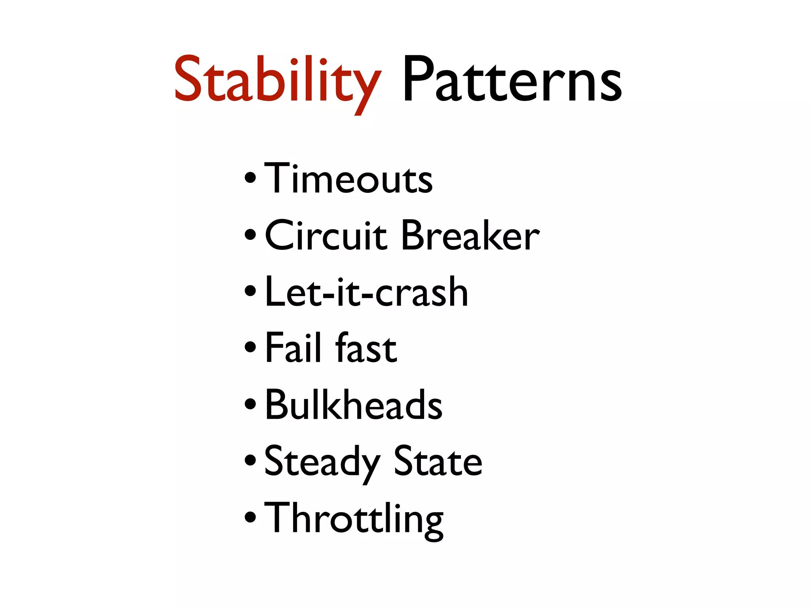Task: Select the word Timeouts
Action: [348, 179]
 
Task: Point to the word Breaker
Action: [470, 236]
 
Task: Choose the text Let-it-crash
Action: [367, 292]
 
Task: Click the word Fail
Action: [293, 348]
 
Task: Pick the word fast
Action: [366, 348]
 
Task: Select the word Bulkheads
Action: [354, 405]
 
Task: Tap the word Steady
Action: [322, 462]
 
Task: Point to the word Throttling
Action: [354, 519]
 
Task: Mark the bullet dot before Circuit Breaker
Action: [250, 235]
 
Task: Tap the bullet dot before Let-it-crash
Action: [250, 292]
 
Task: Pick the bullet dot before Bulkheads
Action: [250, 404]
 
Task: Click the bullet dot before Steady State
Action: [250, 460]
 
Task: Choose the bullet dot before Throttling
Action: [250, 517]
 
